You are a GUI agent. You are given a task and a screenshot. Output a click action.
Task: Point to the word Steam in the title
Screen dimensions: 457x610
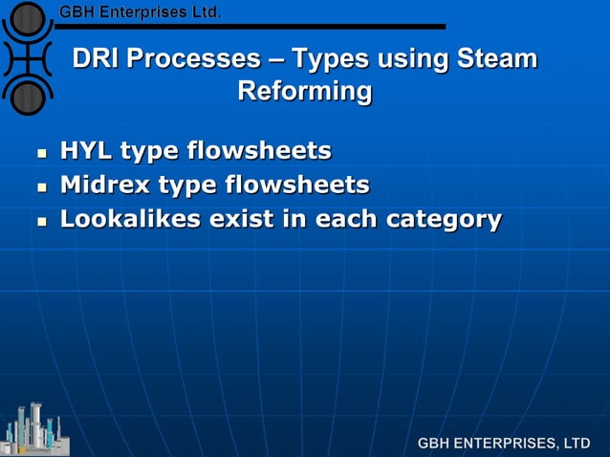pos(496,59)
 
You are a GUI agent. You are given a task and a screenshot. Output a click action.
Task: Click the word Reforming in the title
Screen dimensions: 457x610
pos(304,93)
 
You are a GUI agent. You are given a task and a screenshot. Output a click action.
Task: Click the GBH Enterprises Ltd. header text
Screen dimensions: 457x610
pos(141,12)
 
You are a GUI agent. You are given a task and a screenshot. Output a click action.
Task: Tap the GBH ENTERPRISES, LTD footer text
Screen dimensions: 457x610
pos(504,444)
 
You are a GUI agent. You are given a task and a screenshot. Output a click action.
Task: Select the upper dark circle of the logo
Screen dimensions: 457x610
pos(29,18)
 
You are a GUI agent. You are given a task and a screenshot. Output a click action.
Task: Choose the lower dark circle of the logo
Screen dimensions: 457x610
pos(29,97)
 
